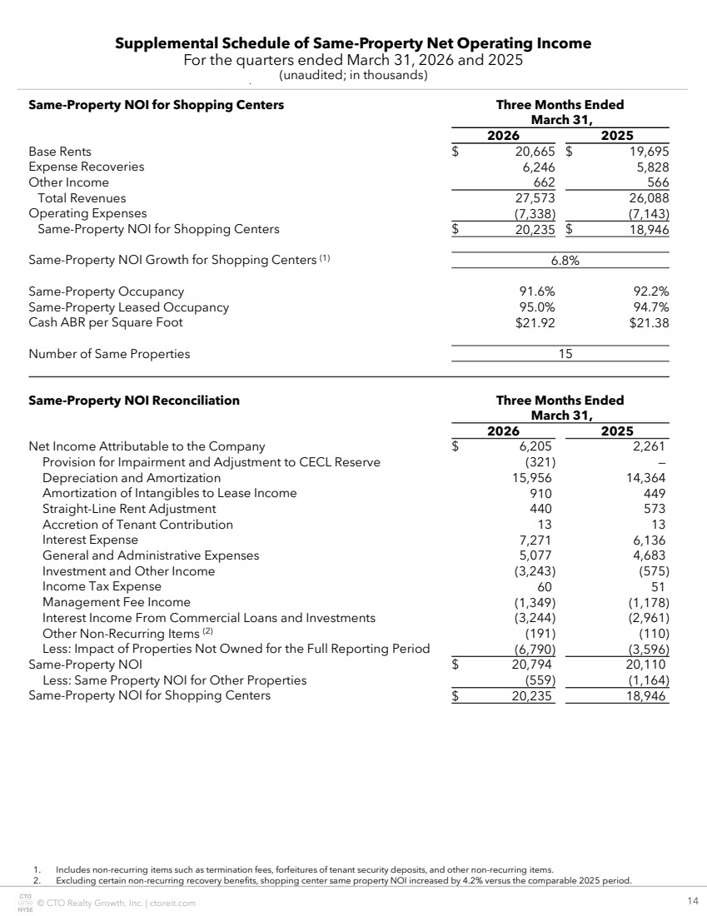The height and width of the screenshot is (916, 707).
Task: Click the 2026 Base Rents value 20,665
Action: [x=535, y=152]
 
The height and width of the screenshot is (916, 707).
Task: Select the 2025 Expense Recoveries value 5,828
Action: [x=652, y=167]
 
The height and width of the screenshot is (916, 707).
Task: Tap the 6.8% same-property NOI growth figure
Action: [x=565, y=260]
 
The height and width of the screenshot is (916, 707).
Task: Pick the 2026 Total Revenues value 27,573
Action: [x=535, y=198]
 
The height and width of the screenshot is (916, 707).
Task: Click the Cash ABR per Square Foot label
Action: [x=106, y=322]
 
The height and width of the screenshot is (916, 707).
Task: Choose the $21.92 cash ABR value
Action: [x=535, y=322]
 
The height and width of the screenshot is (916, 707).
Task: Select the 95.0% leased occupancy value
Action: [x=536, y=307]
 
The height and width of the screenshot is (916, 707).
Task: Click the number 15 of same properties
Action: [x=565, y=354]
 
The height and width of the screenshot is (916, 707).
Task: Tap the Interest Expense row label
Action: [x=90, y=540]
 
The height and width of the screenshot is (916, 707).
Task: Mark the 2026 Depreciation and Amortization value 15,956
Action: [x=532, y=478]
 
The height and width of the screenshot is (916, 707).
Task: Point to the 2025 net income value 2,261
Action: [x=652, y=447]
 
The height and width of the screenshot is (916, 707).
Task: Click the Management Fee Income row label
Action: [x=117, y=602]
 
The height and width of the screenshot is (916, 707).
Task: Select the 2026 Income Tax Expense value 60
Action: [x=547, y=586]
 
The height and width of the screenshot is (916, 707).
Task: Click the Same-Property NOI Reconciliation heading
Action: [x=134, y=401]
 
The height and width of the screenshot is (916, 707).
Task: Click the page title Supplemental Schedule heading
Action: [x=353, y=43]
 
